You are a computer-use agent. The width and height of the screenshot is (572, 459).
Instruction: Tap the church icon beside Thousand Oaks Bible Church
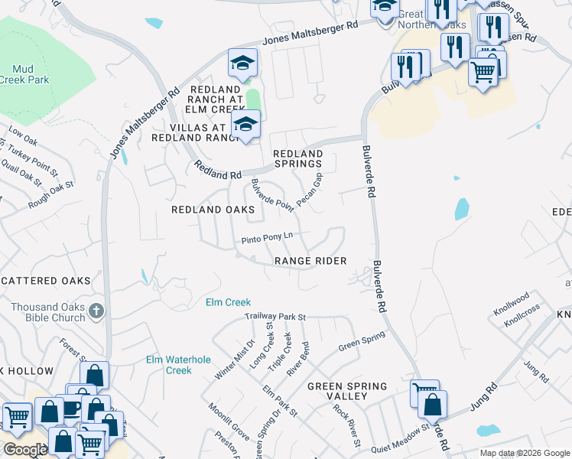pyautogui.click(x=96, y=311)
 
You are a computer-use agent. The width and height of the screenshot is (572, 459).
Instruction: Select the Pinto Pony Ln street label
pyautogui.click(x=268, y=239)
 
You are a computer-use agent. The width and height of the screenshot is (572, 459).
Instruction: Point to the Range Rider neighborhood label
pyautogui.click(x=310, y=261)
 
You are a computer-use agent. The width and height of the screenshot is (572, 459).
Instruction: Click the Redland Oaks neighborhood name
pyautogui.click(x=213, y=209)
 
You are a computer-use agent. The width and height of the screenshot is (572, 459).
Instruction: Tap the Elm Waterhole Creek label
pyautogui.click(x=168, y=365)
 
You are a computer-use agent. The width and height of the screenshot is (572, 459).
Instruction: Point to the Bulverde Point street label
pyautogui.click(x=272, y=194)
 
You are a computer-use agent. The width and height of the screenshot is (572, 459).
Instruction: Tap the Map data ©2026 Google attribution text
pyautogui.click(x=524, y=453)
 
